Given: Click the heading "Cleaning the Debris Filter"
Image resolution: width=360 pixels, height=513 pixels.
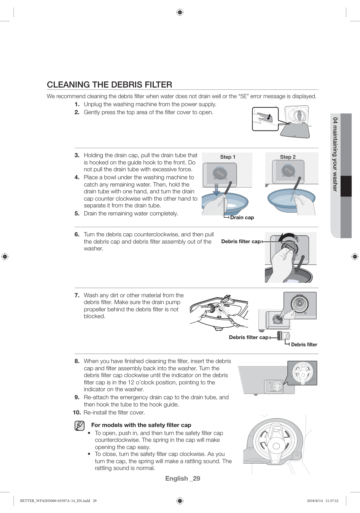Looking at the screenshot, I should tap(110, 84).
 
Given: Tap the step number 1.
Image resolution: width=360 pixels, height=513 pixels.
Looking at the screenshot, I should tap(77, 104).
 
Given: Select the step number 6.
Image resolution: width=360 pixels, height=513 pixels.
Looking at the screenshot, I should tap(77, 234).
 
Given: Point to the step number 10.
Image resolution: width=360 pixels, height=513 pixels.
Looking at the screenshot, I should tap(76, 413).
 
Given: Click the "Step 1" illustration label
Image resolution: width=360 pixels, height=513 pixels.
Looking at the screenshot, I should tap(228, 157).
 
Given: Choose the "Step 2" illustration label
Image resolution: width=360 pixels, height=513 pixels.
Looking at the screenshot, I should tap(288, 157).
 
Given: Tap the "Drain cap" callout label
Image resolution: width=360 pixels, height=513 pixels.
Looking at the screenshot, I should tap(242, 218).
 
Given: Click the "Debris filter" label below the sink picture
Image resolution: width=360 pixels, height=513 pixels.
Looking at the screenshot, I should tap(304, 345).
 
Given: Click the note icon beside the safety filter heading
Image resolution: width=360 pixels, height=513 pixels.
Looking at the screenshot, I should tap(80, 425).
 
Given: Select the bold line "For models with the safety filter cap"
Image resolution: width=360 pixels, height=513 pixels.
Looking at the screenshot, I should tap(141, 425).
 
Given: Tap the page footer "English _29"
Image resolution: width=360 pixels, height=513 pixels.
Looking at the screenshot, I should tap(183, 478).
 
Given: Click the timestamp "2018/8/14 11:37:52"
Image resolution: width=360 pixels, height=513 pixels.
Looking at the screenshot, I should tap(322, 501).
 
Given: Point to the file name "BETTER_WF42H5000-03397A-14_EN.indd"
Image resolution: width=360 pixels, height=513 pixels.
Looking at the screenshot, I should tap(55, 501).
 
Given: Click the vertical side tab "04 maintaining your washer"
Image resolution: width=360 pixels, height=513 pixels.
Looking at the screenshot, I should tap(335, 154).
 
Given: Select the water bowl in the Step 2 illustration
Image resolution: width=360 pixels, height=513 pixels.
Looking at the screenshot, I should tap(291, 200).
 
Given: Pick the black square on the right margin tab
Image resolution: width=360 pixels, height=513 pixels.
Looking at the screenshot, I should tap(346, 186).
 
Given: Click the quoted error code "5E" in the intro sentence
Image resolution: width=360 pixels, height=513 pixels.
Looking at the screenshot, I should tap(243, 96).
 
